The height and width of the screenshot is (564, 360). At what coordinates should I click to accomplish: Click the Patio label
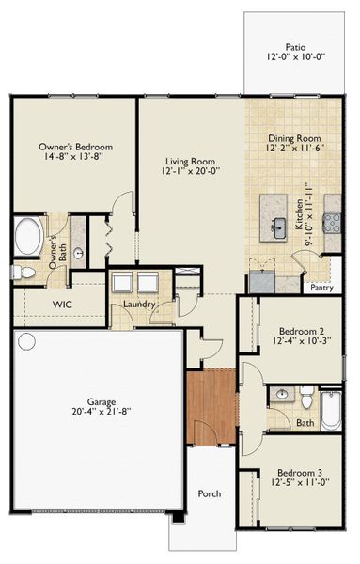(296, 46)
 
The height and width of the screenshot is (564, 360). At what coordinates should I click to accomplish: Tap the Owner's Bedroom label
(75, 148)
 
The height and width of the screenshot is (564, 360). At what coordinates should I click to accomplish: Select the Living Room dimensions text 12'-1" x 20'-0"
(192, 171)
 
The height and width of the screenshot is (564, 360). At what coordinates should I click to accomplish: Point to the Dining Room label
(295, 138)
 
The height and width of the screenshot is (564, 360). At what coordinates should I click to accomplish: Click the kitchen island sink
(279, 227)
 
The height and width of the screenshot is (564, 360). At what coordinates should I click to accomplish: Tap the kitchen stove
(332, 222)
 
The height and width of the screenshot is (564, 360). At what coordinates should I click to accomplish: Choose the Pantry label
(322, 288)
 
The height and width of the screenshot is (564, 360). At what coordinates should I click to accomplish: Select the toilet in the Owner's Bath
(24, 272)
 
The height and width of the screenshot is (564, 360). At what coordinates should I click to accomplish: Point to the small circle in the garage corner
(26, 340)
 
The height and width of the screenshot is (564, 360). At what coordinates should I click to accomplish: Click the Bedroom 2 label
(302, 331)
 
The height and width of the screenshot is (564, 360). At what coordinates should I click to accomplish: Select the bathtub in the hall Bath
(331, 409)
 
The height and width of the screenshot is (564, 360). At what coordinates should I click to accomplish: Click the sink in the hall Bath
(280, 395)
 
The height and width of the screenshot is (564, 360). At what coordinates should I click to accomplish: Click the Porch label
(209, 493)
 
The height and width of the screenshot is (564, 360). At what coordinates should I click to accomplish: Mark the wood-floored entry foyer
(211, 408)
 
